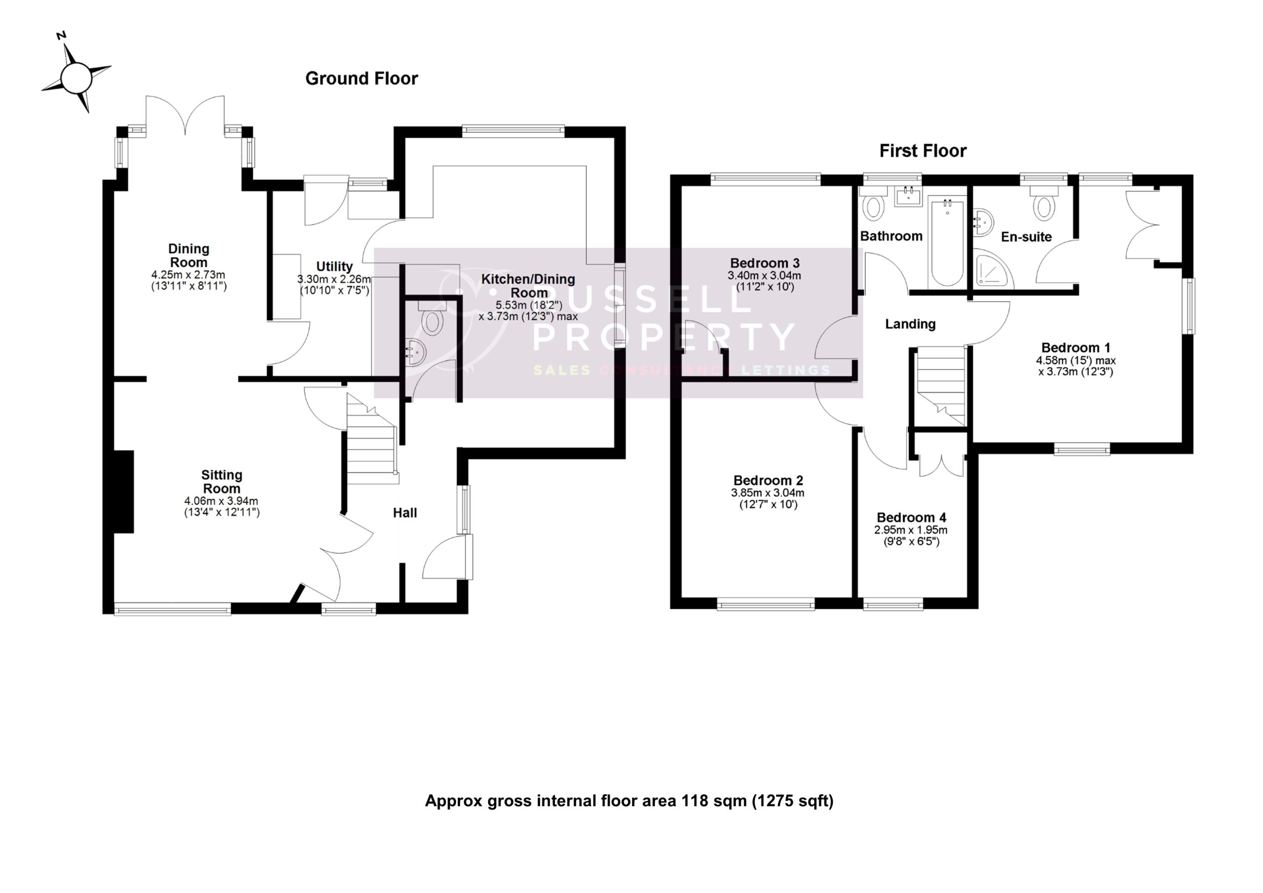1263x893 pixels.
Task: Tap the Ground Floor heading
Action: coord(362,78)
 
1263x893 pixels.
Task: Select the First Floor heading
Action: coord(923,151)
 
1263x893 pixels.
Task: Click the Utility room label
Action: coord(334,267)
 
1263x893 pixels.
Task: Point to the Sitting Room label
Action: coord(221,482)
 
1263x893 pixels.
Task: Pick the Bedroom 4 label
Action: coord(911,518)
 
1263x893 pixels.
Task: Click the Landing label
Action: coord(910,324)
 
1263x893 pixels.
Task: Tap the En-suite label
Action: coord(1026,237)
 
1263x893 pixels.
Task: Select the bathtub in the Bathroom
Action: coord(947,242)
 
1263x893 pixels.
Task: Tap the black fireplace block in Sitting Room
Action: coord(123,491)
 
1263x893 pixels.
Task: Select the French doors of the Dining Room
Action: coord(185,115)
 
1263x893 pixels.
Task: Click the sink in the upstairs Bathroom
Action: coord(908,196)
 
